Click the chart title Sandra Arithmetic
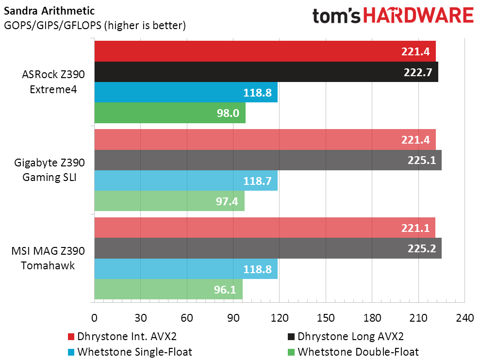click(x=50, y=11)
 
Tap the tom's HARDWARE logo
click(x=393, y=16)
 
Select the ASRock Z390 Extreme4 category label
click(x=53, y=82)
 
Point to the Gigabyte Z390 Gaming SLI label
click(x=50, y=170)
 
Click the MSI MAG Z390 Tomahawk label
click(x=48, y=258)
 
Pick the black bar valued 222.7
click(x=266, y=72)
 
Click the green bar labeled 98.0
click(x=170, y=113)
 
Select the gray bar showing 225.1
click(x=268, y=160)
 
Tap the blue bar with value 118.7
click(x=186, y=180)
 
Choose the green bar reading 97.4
click(x=169, y=201)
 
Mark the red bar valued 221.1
click(x=265, y=228)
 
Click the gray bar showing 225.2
click(x=268, y=248)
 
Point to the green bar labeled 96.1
click(x=168, y=289)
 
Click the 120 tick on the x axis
click(x=280, y=318)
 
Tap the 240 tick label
click(x=464, y=318)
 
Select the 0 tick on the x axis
click(x=94, y=318)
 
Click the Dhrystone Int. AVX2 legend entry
click(x=122, y=336)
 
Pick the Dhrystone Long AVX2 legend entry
click(x=346, y=336)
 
